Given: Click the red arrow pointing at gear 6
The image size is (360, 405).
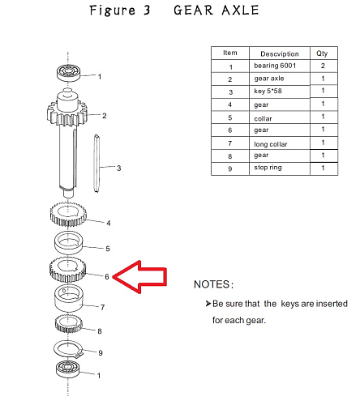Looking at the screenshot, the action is click(x=140, y=277).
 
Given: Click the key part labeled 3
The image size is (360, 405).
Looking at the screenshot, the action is click(x=96, y=164).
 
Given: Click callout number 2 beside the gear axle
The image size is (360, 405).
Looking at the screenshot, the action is click(x=105, y=116).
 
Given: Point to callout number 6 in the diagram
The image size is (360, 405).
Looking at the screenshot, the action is click(x=107, y=277).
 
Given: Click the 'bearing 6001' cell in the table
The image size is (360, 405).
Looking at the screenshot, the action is click(x=275, y=66).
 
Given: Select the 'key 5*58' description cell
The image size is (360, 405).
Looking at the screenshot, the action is click(x=268, y=91).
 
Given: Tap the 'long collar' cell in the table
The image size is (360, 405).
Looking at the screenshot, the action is click(x=271, y=144).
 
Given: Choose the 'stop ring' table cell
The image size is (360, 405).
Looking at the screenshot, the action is click(x=268, y=168).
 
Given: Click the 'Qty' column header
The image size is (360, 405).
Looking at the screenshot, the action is click(x=322, y=53).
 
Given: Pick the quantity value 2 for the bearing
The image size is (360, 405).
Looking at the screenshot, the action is click(x=323, y=66).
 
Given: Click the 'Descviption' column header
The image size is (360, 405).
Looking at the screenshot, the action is click(x=280, y=54).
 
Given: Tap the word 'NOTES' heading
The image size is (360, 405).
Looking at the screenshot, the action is click(x=212, y=284).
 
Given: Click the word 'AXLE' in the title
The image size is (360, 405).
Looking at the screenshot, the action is click(x=240, y=11).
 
